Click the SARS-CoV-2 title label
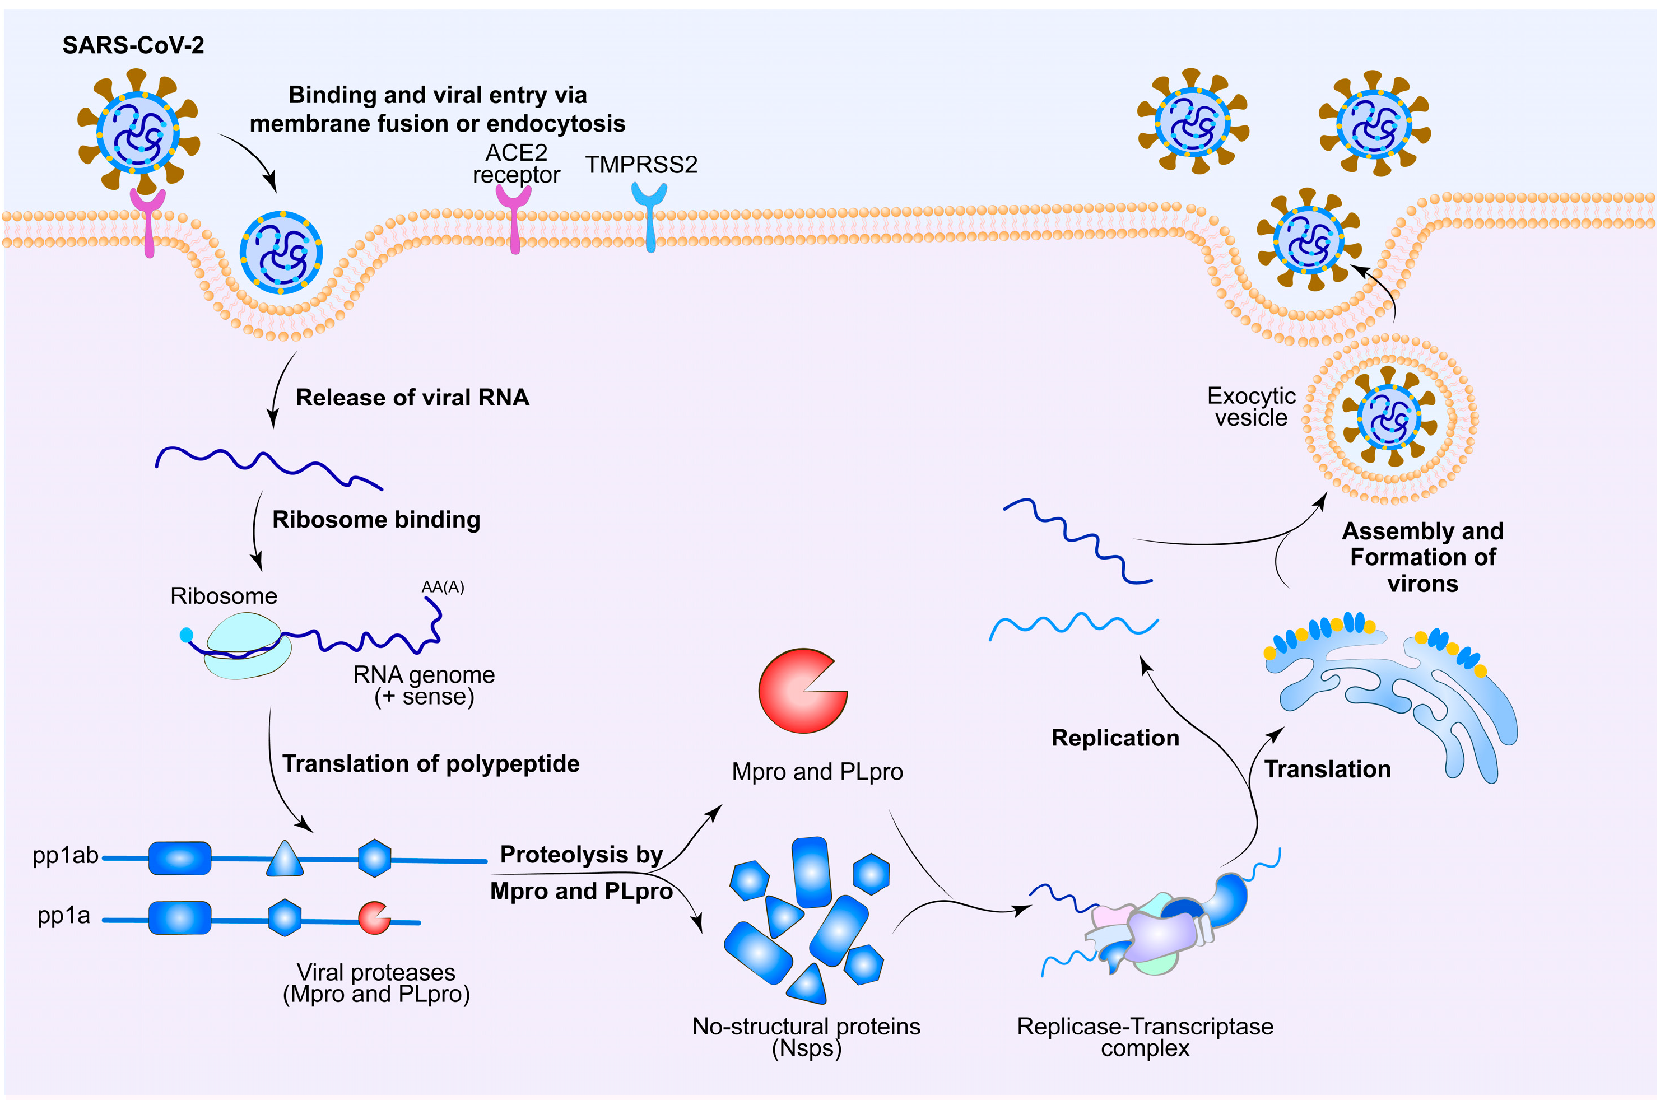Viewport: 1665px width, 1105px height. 133,46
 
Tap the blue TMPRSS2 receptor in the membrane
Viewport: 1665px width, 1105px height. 649,215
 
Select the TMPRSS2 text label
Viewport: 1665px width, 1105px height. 641,165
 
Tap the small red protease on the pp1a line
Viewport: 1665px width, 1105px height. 374,917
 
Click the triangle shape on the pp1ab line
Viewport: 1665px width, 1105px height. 285,860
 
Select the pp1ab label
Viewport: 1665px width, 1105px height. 65,856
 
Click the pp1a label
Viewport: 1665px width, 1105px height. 63,916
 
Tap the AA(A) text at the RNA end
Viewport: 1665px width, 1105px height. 443,587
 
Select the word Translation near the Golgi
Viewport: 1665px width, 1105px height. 1327,769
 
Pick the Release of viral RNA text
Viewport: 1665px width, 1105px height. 412,398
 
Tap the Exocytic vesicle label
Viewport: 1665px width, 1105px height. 1251,407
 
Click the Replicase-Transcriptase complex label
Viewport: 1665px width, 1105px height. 1144,1037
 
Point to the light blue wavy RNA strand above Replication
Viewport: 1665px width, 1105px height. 1073,624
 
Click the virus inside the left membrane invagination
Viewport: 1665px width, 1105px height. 281,252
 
